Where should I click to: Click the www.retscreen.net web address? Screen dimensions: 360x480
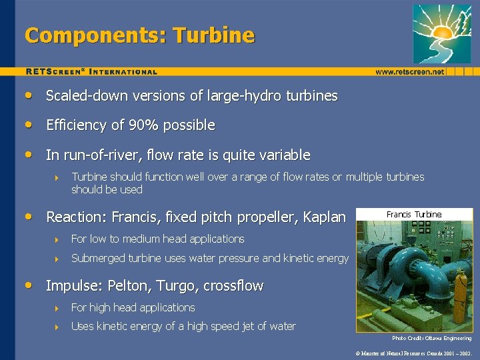(x=409, y=71)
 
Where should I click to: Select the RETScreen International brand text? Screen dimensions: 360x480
(x=91, y=71)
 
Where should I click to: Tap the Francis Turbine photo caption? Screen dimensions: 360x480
(x=414, y=215)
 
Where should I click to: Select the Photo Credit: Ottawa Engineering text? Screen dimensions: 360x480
(x=431, y=338)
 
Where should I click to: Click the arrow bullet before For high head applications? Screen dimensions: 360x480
(x=58, y=308)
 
